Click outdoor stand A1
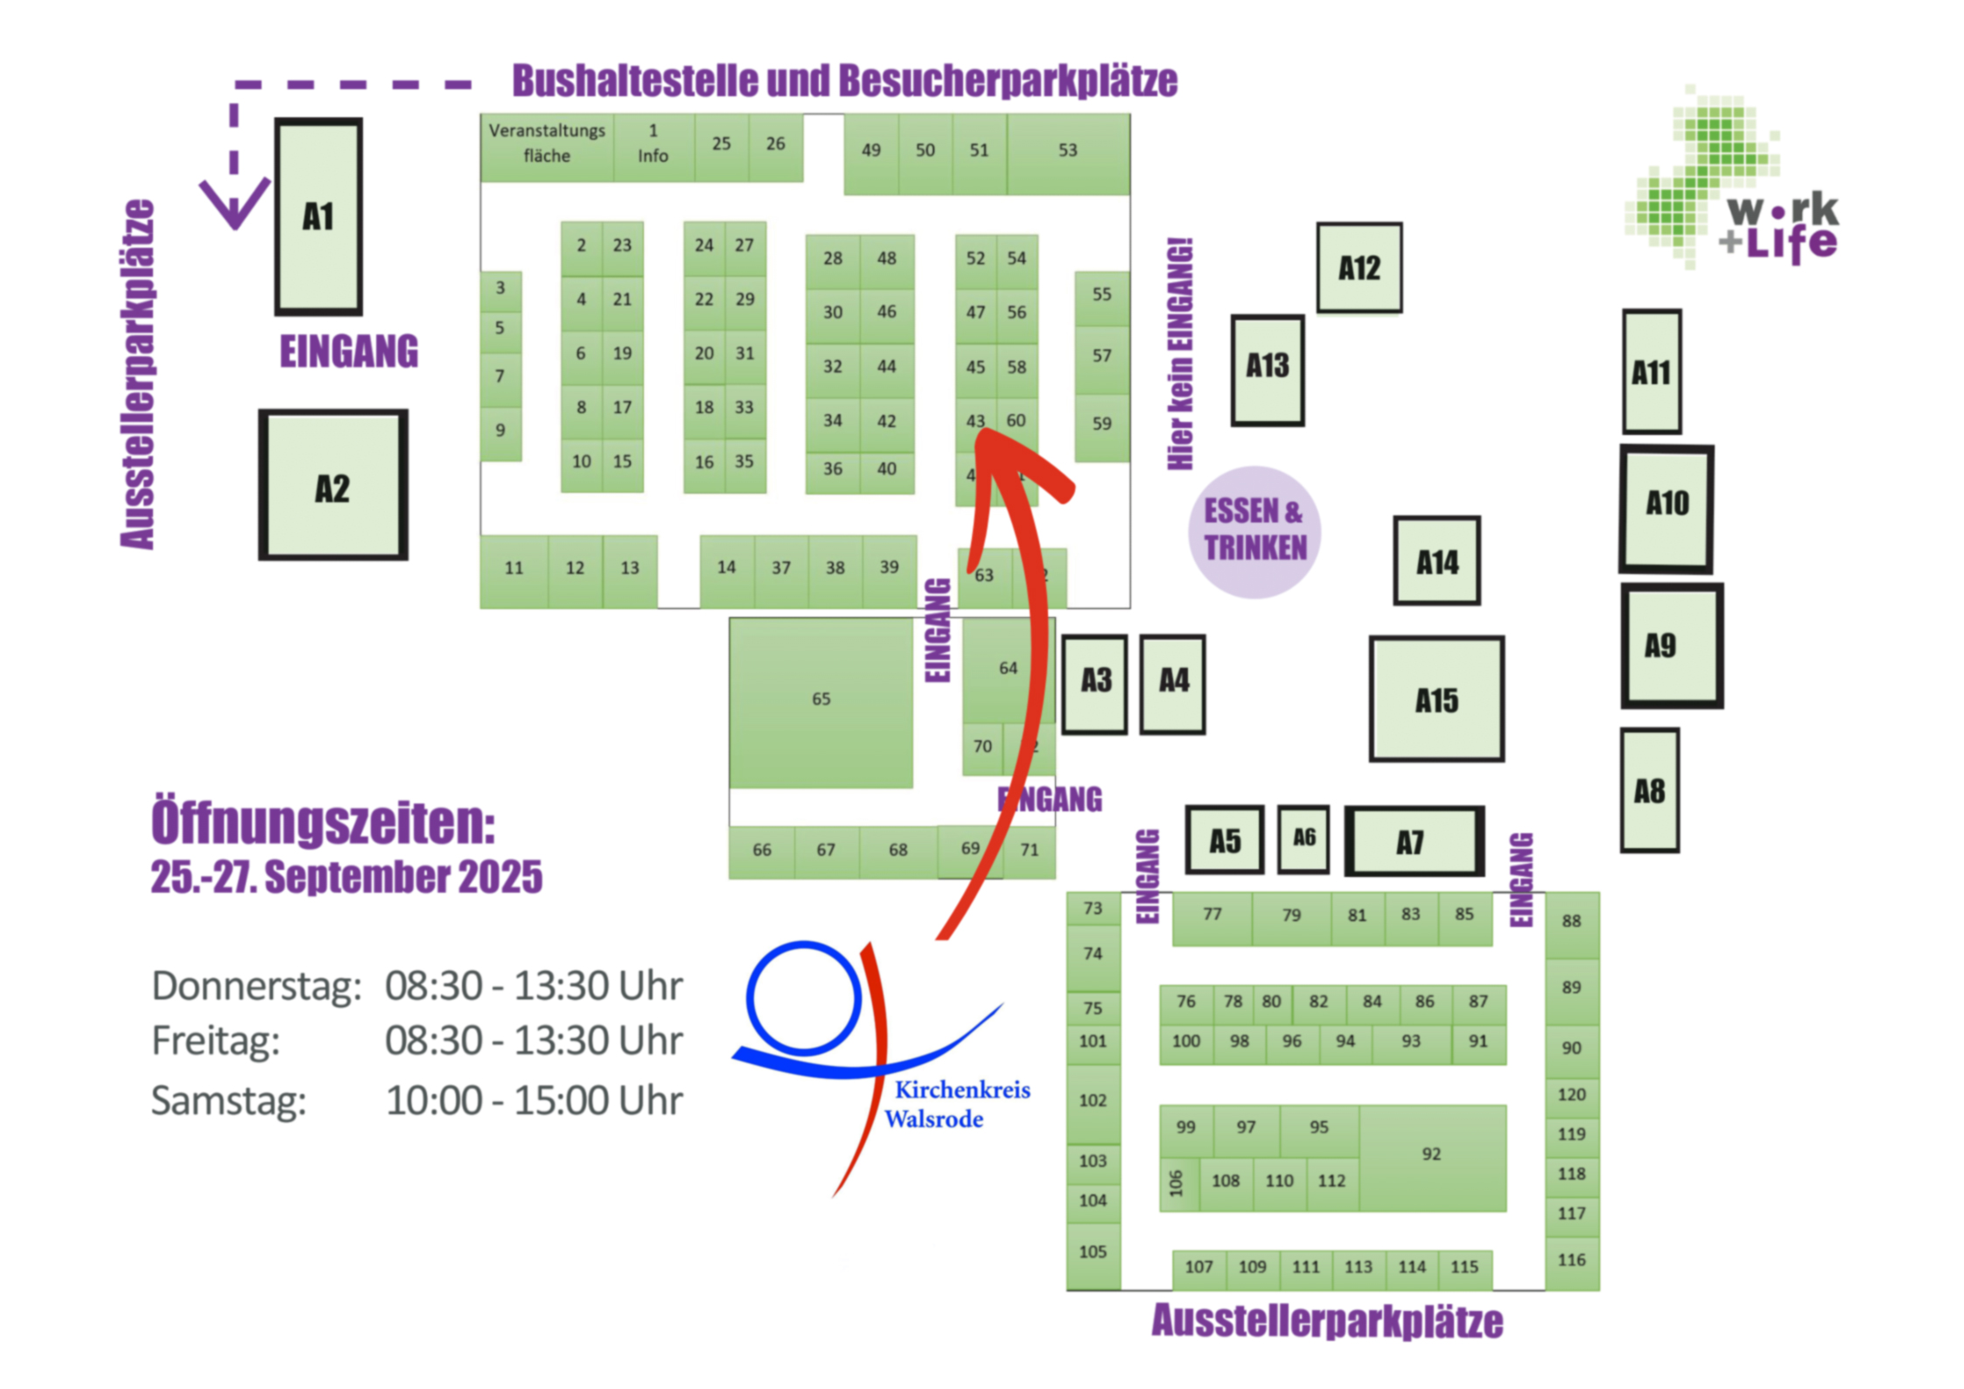pos(318,216)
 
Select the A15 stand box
pos(1436,699)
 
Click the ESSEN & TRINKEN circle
pos(1255,530)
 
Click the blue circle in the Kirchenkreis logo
pos(803,998)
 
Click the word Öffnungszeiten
pos(323,822)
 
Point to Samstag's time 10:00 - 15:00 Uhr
pos(534,1100)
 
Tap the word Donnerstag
pos(256,986)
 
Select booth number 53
pos(1067,151)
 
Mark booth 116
pos(1571,1260)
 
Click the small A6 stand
pos(1304,839)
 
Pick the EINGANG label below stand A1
pos(348,352)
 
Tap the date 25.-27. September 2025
pos(346,877)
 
